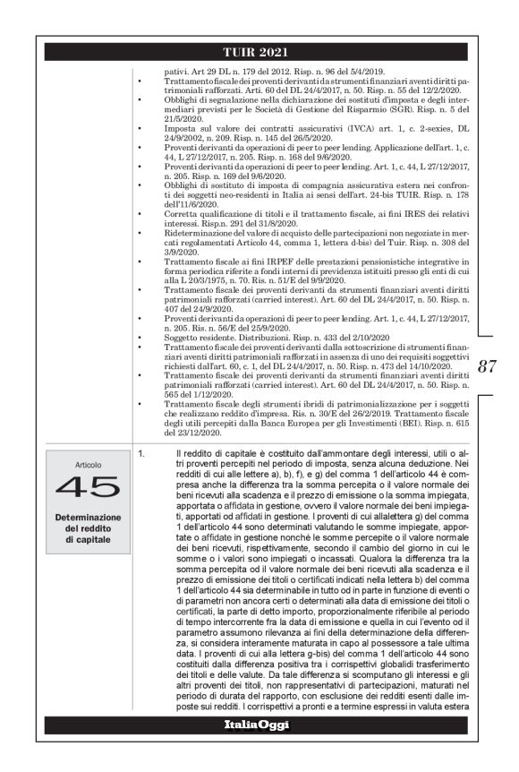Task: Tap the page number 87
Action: click(488, 365)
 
